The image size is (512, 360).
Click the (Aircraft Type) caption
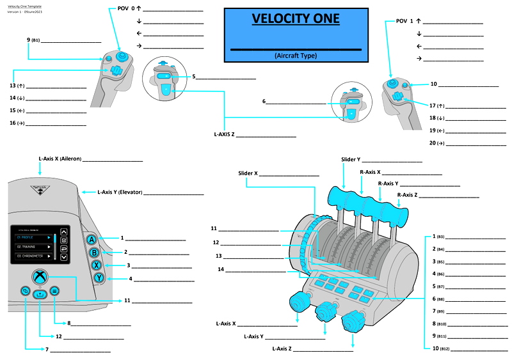point(296,56)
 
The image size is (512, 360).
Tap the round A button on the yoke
point(92,239)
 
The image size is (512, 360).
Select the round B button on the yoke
point(94,252)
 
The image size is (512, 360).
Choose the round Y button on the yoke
point(99,278)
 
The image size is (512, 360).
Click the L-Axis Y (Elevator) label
point(120,192)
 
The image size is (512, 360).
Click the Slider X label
point(248,173)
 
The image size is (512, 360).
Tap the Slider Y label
point(351,159)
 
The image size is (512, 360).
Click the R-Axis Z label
point(408,194)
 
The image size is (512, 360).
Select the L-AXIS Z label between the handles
point(225,135)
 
